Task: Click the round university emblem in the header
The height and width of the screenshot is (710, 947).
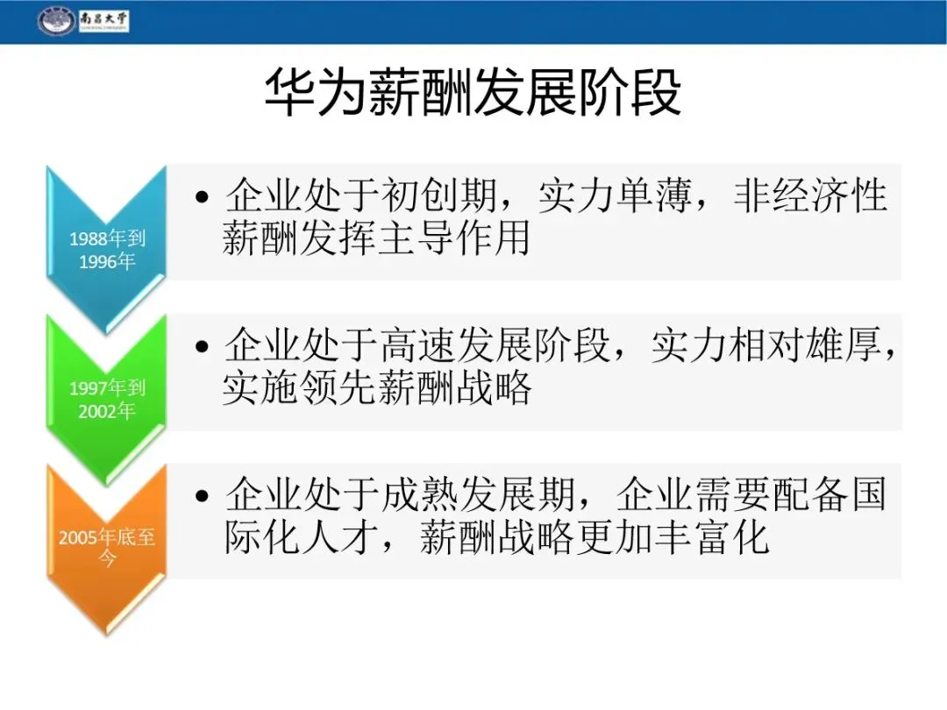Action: (x=56, y=21)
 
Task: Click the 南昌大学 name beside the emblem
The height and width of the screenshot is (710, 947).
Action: (x=103, y=20)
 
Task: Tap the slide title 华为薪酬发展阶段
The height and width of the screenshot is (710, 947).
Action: (x=473, y=92)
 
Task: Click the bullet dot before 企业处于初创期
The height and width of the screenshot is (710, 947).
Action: (x=202, y=196)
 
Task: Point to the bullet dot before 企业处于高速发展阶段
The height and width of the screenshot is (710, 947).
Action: (x=202, y=346)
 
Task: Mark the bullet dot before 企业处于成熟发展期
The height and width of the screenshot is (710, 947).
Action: (x=202, y=495)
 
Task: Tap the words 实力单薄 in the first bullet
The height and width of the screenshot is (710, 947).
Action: (x=615, y=195)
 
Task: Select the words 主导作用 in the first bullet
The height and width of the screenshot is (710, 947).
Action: (x=454, y=238)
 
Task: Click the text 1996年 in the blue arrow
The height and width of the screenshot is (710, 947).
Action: (x=107, y=261)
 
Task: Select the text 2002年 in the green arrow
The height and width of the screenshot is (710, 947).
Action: (x=106, y=411)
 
